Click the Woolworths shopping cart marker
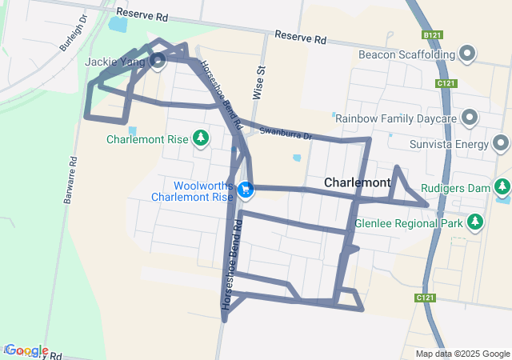[x=246, y=190]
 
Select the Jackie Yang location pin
[x=158, y=60]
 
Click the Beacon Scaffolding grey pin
[x=469, y=54]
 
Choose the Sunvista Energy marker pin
[x=502, y=144]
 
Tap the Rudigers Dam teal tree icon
[x=502, y=188]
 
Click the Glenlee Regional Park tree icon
[x=476, y=221]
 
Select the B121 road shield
[x=432, y=35]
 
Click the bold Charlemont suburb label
[x=357, y=182]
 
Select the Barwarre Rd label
[x=70, y=181]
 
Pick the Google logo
[x=26, y=350]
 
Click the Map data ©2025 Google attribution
[x=462, y=354]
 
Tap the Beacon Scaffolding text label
[x=406, y=54]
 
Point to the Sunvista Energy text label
[x=448, y=144]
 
